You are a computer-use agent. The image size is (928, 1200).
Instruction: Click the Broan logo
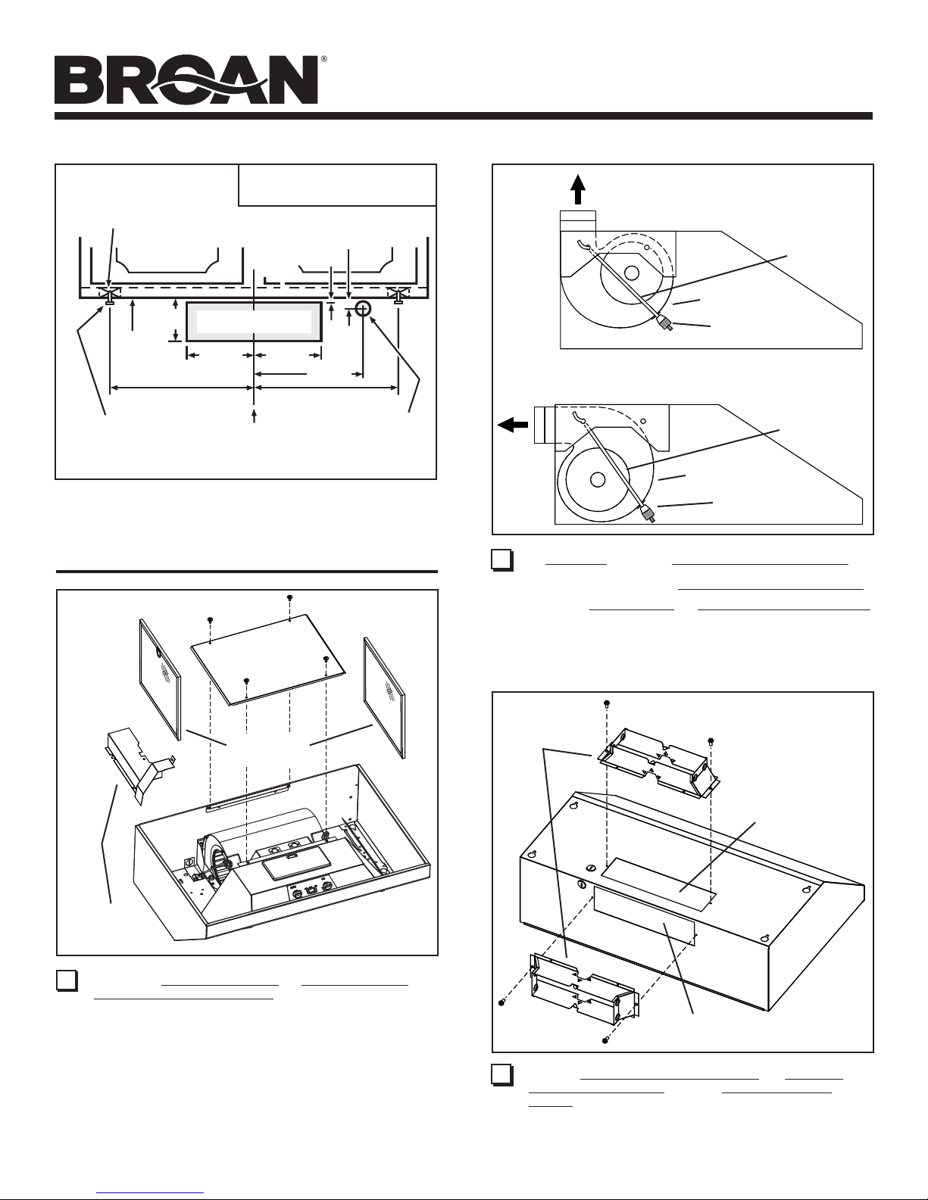coord(186,79)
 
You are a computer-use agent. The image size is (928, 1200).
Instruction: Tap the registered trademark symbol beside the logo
coord(323,58)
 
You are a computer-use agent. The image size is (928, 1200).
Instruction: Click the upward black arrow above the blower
coord(578,189)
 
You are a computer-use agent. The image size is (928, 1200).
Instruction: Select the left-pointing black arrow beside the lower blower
coord(513,425)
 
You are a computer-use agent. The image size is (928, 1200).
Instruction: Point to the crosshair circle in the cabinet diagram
coord(363,309)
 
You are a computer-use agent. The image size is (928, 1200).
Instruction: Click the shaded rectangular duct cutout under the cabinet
coord(254,321)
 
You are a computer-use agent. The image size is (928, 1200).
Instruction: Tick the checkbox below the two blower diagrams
coord(501,560)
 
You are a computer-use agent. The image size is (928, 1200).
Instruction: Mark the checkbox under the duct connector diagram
coord(501,1075)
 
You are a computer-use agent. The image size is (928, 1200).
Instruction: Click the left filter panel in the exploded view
coord(160,678)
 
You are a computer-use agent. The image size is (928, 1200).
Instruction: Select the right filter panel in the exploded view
coord(385,697)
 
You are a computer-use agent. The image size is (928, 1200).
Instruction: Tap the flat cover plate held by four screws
coord(268,659)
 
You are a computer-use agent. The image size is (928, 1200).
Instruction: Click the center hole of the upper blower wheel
coord(632,273)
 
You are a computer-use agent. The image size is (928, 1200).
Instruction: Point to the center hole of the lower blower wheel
coord(597,479)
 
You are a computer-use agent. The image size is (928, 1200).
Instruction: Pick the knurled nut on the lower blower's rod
coord(647,513)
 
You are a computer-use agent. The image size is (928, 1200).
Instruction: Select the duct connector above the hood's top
coord(658,763)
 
